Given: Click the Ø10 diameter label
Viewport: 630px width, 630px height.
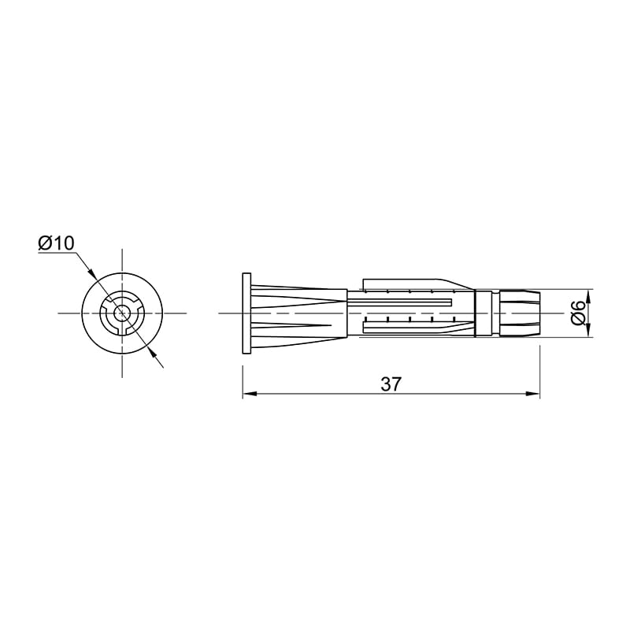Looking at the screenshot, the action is (57, 243).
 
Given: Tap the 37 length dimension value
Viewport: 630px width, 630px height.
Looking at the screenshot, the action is (391, 384).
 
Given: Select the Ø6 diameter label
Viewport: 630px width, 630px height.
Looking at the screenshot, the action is (578, 313).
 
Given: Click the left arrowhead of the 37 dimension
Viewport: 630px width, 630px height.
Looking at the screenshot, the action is (250, 394).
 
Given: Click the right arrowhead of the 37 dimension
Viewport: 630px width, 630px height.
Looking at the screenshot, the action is (532, 394).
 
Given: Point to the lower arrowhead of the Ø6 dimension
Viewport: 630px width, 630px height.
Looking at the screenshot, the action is (588, 329).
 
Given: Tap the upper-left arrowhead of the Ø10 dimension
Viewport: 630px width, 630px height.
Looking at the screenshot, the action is (92, 273).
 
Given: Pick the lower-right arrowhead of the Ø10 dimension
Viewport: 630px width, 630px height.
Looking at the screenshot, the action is (151, 352).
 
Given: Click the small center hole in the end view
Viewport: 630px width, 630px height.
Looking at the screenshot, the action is (122, 313).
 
